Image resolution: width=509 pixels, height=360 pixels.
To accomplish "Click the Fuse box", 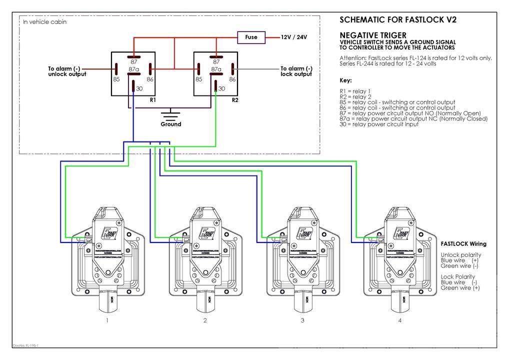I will [x=251, y=37].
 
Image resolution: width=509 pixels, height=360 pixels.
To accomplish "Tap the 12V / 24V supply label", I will [x=294, y=37].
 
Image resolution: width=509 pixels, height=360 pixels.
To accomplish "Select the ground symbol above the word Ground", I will [x=170, y=114].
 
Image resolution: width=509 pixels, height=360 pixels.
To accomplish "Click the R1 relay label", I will [x=153, y=100].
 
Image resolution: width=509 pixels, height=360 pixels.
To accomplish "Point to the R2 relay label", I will [x=235, y=100].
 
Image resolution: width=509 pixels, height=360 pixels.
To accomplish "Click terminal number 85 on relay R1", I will [x=116, y=79].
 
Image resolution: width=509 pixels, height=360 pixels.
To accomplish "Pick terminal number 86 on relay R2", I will [x=232, y=79].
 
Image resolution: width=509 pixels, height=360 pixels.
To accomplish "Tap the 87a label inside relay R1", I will [x=133, y=69].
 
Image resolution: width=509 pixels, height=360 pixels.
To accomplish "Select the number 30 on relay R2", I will [x=221, y=88].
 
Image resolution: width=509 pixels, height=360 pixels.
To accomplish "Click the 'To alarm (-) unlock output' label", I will [x=67, y=71].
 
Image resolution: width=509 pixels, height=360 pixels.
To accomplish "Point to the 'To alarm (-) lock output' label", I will [x=296, y=71].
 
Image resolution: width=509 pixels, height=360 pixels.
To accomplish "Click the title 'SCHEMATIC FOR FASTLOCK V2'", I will [x=398, y=20].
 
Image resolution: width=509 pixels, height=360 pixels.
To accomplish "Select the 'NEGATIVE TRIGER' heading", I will [x=372, y=35].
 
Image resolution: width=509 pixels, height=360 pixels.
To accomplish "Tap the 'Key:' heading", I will [x=345, y=80].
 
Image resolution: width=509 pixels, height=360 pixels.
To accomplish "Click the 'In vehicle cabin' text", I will [x=45, y=22].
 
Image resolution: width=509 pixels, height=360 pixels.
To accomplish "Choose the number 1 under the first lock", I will [x=107, y=320].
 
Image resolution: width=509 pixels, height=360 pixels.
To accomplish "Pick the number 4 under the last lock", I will [x=399, y=320].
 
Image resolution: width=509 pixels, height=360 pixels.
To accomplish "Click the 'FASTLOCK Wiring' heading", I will [x=463, y=244].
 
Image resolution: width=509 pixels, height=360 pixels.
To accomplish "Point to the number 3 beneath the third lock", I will [x=302, y=320].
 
